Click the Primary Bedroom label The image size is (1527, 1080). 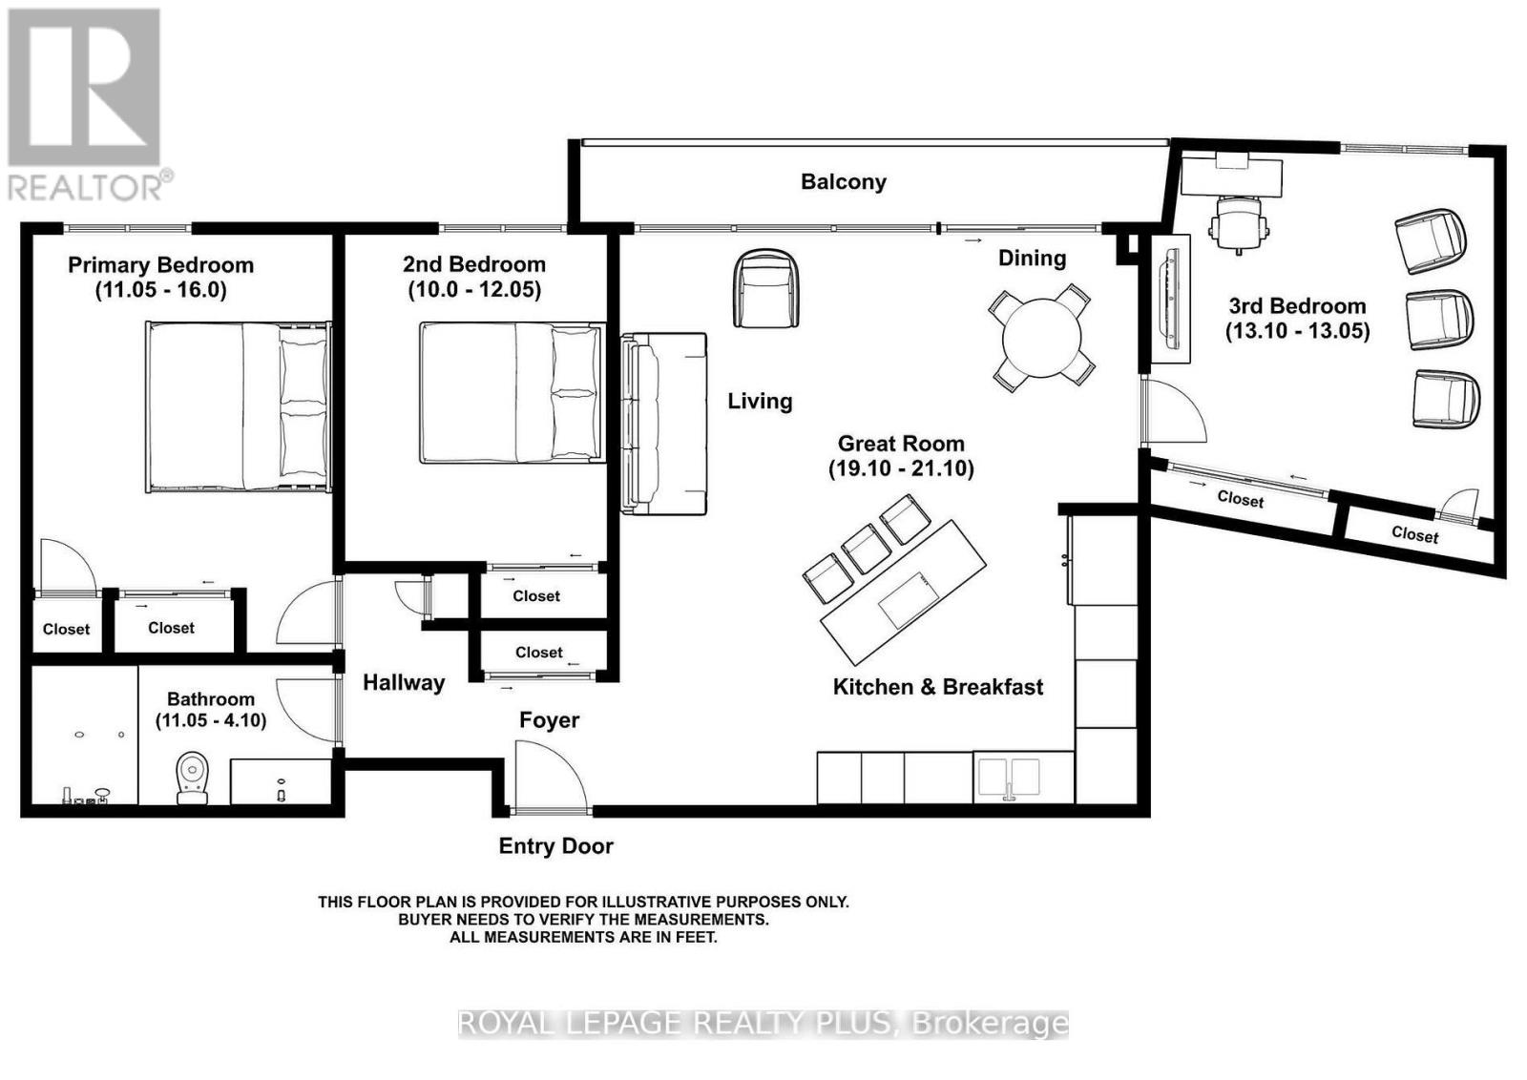(x=160, y=265)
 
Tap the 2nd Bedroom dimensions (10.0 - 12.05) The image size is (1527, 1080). (x=474, y=289)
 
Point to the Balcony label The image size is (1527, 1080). (x=843, y=181)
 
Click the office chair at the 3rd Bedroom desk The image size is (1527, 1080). (x=1239, y=224)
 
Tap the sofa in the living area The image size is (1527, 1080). (x=665, y=423)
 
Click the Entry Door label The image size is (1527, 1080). (x=555, y=846)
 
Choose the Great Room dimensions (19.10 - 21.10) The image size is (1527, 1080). (x=901, y=468)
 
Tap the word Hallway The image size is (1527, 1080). (x=404, y=682)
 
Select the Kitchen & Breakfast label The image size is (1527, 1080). (x=937, y=687)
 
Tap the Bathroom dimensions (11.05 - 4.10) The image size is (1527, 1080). (x=210, y=720)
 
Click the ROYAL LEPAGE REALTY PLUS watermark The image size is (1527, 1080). (x=763, y=1023)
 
